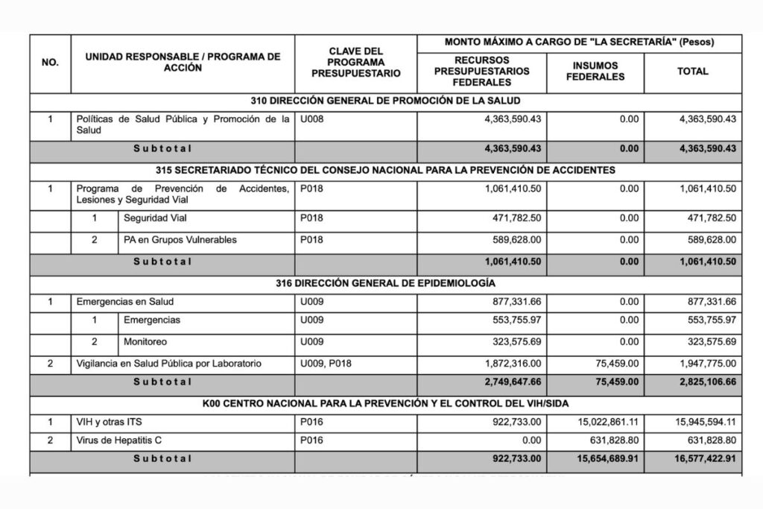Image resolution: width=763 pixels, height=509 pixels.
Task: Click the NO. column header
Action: click(50, 63)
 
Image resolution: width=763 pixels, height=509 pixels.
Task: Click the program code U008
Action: click(311, 118)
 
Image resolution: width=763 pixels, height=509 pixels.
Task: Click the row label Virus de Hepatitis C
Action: click(119, 440)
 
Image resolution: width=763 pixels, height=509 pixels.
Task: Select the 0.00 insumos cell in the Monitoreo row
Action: click(628, 341)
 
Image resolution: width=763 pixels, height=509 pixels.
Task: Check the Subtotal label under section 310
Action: click(162, 148)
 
